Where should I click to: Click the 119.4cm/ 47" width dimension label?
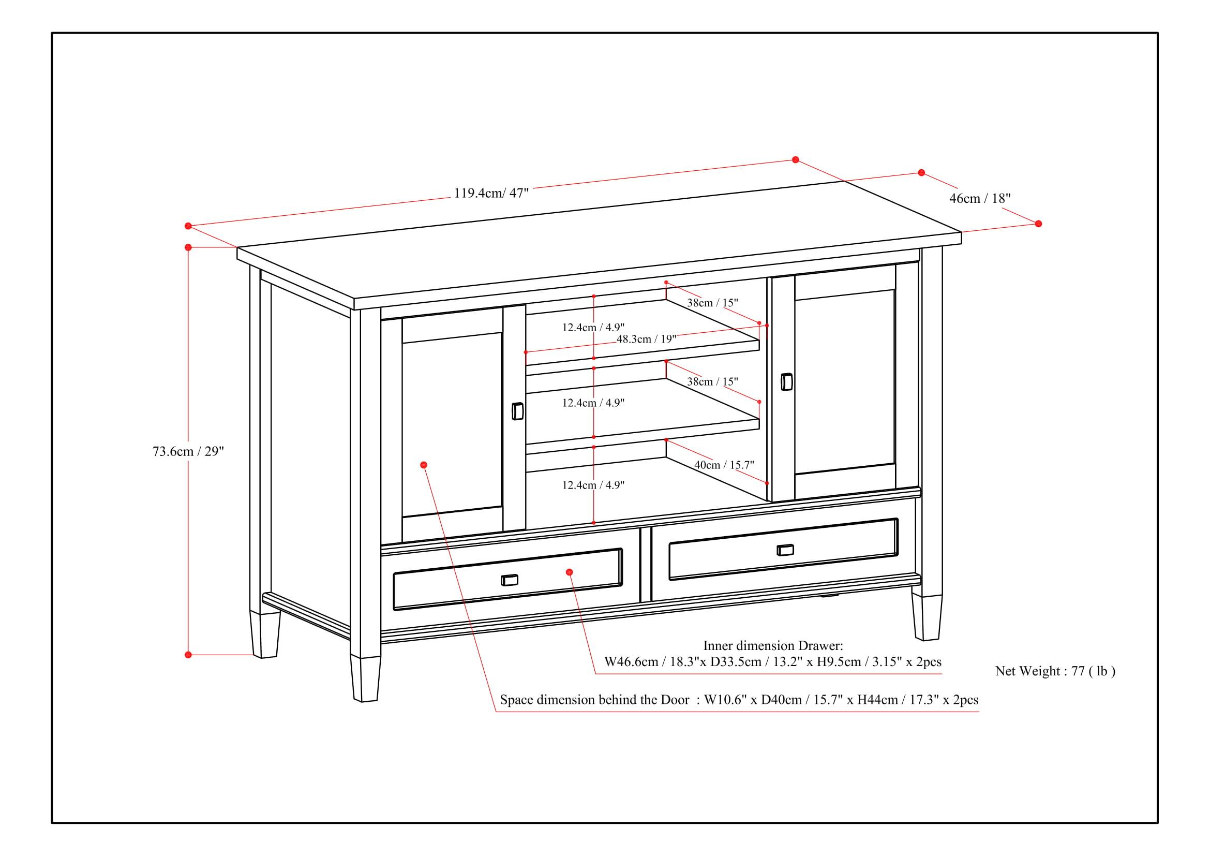pyautogui.click(x=490, y=193)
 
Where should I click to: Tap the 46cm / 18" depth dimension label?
pyautogui.click(x=980, y=199)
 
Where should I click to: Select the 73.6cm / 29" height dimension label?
pyautogui.click(x=188, y=452)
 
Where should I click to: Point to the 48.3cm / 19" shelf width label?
pyautogui.click(x=646, y=339)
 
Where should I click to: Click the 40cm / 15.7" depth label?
pyautogui.click(x=724, y=465)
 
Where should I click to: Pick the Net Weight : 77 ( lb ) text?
pyautogui.click(x=1055, y=671)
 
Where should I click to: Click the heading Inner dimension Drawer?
pyautogui.click(x=772, y=646)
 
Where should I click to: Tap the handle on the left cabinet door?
pyautogui.click(x=517, y=411)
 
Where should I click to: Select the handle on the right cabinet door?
pyautogui.click(x=786, y=382)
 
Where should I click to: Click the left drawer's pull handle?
pyautogui.click(x=509, y=580)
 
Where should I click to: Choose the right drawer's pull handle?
pyautogui.click(x=785, y=550)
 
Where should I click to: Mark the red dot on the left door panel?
pyautogui.click(x=424, y=465)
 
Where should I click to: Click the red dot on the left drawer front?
pyautogui.click(x=569, y=572)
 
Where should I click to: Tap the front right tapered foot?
pyautogui.click(x=927, y=617)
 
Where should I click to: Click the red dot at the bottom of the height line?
pyautogui.click(x=188, y=655)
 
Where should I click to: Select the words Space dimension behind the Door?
pyautogui.click(x=594, y=700)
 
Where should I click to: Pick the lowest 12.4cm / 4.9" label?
pyautogui.click(x=593, y=485)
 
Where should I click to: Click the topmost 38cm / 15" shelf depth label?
pyautogui.click(x=712, y=303)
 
